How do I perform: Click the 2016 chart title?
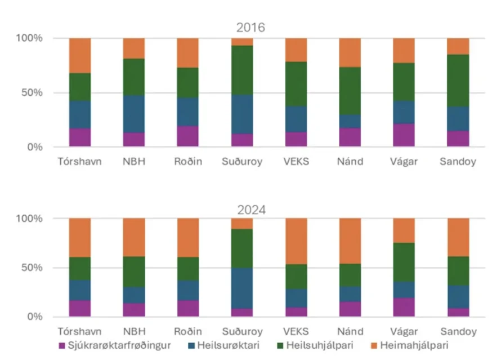[x=250, y=28]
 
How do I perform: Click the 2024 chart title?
[x=250, y=210]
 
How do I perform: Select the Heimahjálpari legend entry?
[x=413, y=345]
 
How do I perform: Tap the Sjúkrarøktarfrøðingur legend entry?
[x=118, y=345]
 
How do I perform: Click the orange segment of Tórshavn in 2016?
[x=80, y=55]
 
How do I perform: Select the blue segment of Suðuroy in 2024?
[x=242, y=288]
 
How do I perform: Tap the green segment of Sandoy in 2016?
[x=458, y=80]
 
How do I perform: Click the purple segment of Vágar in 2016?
[x=404, y=135]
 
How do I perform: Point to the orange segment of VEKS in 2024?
[x=296, y=241]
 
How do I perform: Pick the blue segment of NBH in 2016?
[x=134, y=114]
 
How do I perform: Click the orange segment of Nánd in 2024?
[x=350, y=241]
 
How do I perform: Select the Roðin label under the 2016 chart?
[x=188, y=162]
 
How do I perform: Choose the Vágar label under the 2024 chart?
[x=404, y=331]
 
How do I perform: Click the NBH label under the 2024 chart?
[x=134, y=331]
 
